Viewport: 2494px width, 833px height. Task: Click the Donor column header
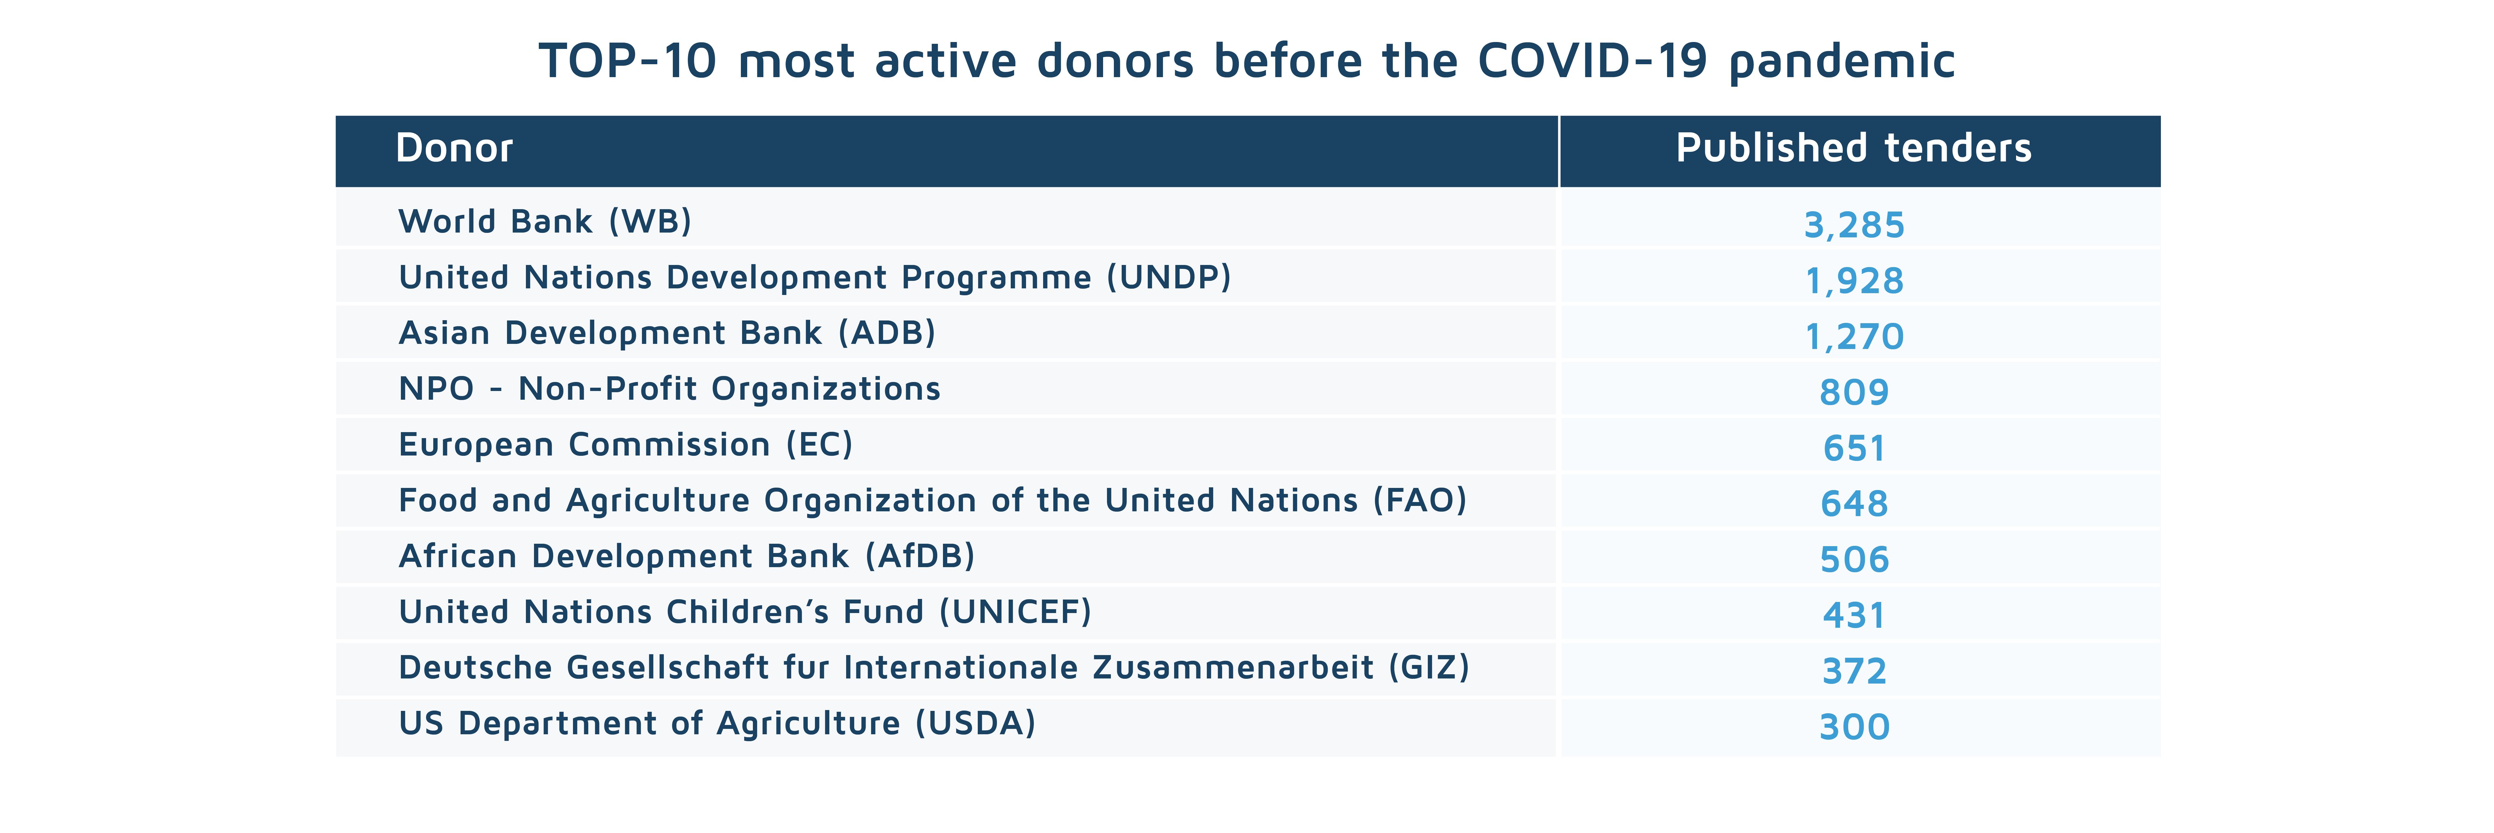pyautogui.click(x=454, y=148)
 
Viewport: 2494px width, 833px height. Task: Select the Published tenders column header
pyautogui.click(x=1853, y=148)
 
